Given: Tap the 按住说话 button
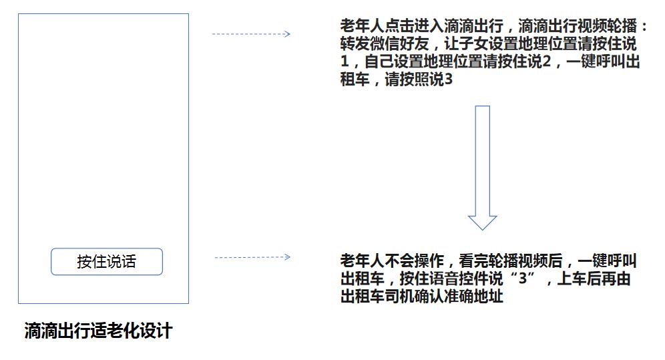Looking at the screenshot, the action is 106,262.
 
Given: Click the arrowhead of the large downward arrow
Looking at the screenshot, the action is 482,222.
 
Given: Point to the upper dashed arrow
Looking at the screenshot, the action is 251,34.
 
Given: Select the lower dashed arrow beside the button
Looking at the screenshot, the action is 253,257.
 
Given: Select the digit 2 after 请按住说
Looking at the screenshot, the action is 547,61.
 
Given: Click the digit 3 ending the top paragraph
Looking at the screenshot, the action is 448,79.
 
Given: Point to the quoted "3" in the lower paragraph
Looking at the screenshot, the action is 523,279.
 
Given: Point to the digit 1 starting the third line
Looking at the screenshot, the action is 345,61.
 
